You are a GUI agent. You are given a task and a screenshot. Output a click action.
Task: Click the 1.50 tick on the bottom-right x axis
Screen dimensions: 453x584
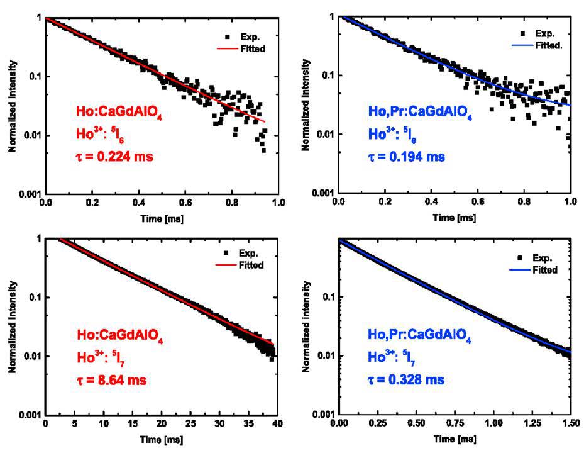571,425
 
